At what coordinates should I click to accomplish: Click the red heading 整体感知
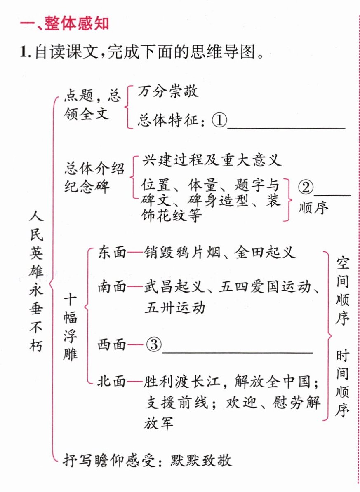click(x=77, y=24)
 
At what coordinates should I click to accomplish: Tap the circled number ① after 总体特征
click(x=219, y=120)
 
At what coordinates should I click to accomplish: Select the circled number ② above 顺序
click(x=306, y=187)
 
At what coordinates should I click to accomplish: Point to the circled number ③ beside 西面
click(x=154, y=344)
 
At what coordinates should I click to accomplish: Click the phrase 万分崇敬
click(x=168, y=91)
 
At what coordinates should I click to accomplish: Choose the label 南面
click(x=112, y=286)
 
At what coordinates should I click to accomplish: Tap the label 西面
click(x=112, y=344)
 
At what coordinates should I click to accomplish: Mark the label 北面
click(x=112, y=382)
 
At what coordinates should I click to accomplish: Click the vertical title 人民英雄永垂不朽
click(x=36, y=281)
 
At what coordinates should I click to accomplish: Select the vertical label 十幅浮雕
click(x=70, y=327)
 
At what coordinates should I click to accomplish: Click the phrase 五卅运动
click(x=175, y=307)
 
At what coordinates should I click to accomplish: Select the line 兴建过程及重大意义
click(x=212, y=160)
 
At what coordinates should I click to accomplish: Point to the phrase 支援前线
click(x=176, y=403)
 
